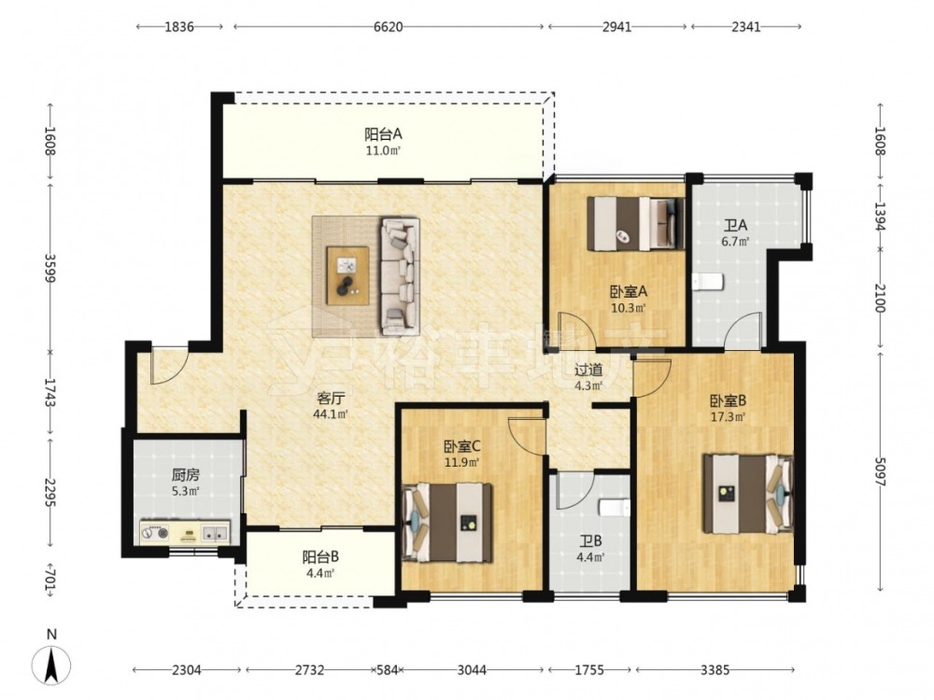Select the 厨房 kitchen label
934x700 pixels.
(x=185, y=475)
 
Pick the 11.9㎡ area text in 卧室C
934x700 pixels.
(x=463, y=461)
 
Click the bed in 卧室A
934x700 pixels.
(x=635, y=223)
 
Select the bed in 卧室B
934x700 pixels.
(x=747, y=494)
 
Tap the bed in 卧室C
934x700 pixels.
(x=447, y=523)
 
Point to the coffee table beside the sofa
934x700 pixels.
(x=347, y=275)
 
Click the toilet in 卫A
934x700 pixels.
(x=708, y=281)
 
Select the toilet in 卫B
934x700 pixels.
(x=615, y=508)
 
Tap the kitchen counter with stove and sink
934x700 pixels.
(x=185, y=532)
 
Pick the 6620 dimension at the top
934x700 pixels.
(x=389, y=27)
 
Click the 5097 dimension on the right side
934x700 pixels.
(x=881, y=470)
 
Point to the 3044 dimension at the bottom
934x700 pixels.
(x=472, y=670)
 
